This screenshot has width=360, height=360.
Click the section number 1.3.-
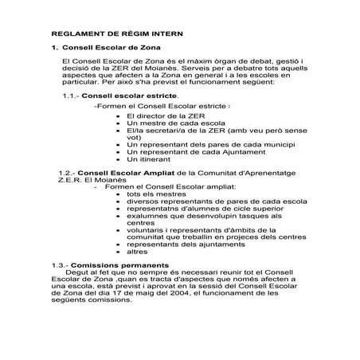tap(61, 264)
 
